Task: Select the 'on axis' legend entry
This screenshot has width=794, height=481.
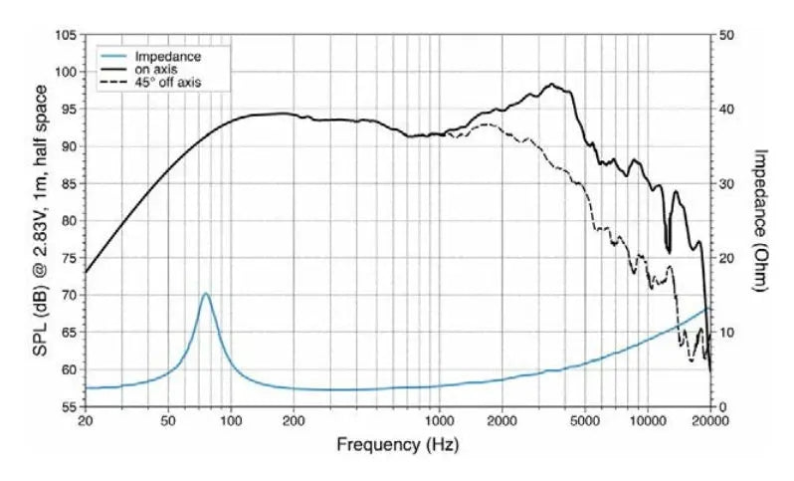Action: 156,69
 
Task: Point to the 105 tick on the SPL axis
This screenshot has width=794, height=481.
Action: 65,35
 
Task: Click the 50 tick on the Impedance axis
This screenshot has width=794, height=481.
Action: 727,35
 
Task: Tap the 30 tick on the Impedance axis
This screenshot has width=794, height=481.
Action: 727,184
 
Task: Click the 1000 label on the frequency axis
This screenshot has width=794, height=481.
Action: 439,422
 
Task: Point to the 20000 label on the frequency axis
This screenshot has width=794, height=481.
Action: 708,422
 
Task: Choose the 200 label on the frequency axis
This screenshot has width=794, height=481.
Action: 294,422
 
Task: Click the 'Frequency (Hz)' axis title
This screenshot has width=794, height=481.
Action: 397,444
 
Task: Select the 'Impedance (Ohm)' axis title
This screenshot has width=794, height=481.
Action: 760,220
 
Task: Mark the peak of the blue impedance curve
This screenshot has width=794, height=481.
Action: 206,294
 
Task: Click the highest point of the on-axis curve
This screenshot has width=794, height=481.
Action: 552,85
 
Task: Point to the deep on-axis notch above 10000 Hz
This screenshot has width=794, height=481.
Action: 668,250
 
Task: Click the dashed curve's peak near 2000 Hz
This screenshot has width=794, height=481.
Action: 486,124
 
